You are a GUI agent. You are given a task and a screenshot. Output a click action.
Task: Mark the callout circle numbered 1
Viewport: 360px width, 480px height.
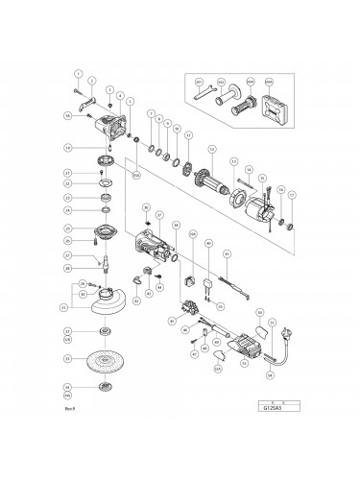click(80, 74)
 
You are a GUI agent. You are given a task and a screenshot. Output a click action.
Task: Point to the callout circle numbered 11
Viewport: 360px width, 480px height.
click(188, 134)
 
